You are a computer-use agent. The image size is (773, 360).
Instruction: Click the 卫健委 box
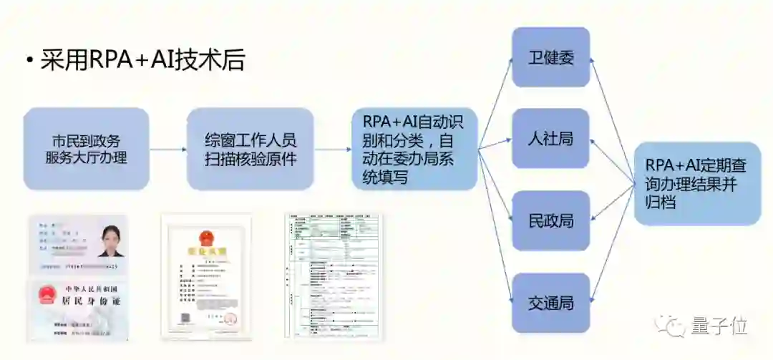coord(550,57)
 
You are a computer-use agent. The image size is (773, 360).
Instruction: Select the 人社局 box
coord(550,139)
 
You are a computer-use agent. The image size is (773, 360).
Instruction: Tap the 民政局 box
coord(550,220)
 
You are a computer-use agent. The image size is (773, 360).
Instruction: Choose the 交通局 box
coord(550,302)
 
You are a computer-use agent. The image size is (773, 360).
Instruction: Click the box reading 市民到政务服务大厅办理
coord(86,149)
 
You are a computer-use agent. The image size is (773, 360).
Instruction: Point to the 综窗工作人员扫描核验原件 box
coord(250,149)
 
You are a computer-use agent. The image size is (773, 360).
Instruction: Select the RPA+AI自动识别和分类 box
coord(414,149)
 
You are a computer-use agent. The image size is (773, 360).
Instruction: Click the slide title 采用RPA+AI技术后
coord(142,61)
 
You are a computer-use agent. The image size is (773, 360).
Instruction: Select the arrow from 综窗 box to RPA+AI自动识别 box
coord(332,150)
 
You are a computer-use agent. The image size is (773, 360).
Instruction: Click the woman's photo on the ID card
coord(111,240)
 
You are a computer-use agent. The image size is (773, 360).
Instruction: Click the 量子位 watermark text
coord(719,326)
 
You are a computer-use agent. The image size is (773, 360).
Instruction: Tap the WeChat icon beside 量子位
coord(676,326)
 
